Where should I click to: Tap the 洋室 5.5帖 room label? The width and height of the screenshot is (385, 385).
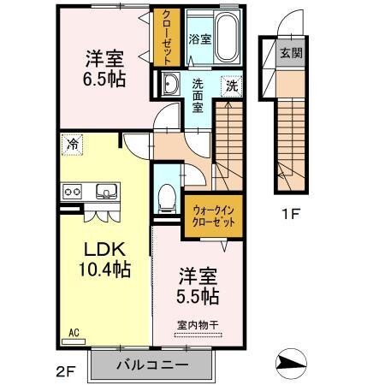198,287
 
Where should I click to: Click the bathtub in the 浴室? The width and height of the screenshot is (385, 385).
225,38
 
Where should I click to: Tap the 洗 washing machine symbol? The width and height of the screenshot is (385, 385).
230,85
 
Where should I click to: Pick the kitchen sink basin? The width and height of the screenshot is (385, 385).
107,190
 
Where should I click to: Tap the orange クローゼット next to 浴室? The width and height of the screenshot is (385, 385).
164,37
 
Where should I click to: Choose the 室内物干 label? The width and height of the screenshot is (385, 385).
198,324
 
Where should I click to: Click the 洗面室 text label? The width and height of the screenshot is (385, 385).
198,90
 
